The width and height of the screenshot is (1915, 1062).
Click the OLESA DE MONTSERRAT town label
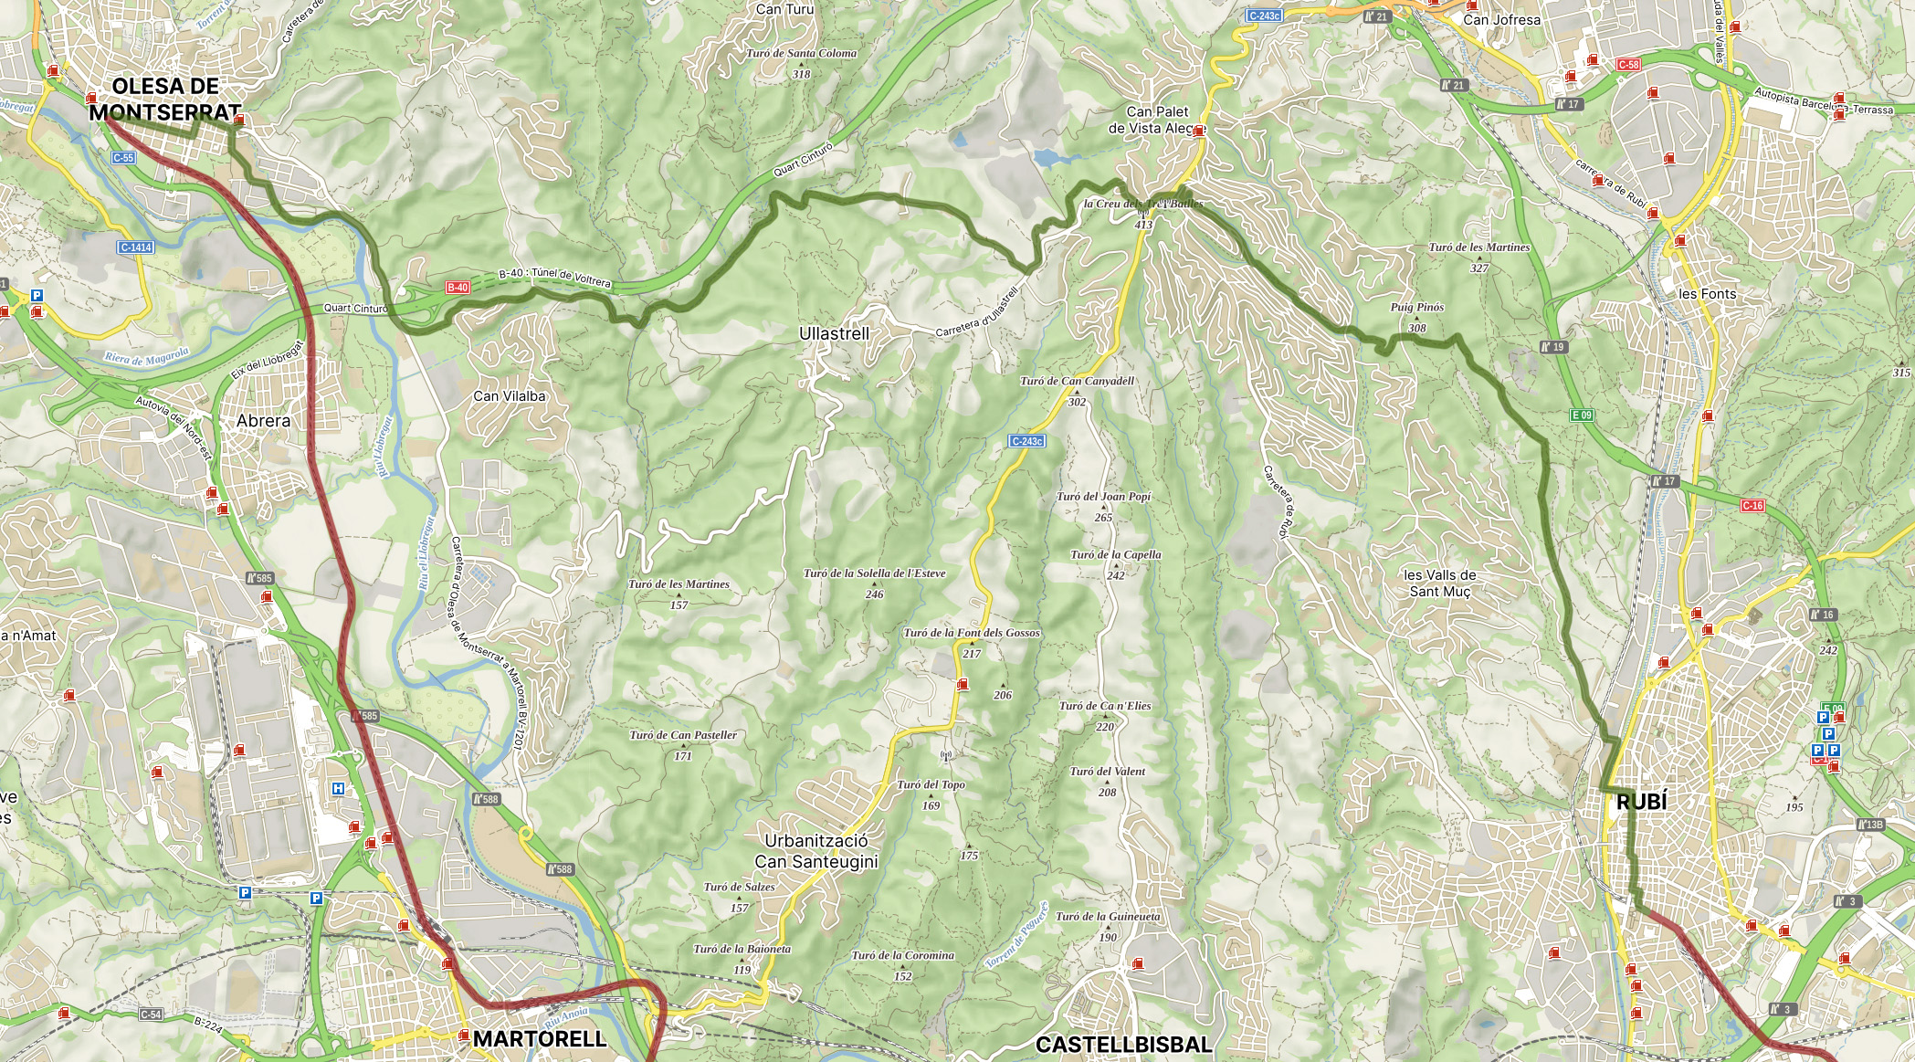pos(165,100)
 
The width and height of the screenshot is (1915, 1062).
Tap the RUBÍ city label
pos(1641,802)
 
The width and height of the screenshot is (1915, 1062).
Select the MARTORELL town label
pos(539,1038)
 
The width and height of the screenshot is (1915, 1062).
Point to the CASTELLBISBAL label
pos(1123,1045)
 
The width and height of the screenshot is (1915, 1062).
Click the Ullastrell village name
pos(834,334)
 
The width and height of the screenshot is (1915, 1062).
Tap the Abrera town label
pos(263,421)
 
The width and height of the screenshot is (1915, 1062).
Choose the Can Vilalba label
pos(509,396)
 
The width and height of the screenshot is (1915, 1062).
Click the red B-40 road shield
pos(458,288)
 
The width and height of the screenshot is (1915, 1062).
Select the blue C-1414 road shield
pos(135,247)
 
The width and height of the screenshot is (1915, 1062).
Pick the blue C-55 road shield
pos(123,158)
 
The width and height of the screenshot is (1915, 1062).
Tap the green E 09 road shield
pos(1582,415)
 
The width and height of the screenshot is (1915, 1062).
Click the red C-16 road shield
pos(1752,505)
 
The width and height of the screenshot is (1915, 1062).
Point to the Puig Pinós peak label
pos(1416,308)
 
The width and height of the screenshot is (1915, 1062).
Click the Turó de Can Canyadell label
pos(1077,381)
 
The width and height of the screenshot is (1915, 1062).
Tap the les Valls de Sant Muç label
pos(1439,583)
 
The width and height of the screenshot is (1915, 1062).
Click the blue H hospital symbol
pos(339,788)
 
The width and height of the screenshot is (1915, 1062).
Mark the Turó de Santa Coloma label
pos(801,54)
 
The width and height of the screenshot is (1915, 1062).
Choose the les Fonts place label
pos(1707,294)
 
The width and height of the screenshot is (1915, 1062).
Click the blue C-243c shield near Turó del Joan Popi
pos(1026,441)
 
